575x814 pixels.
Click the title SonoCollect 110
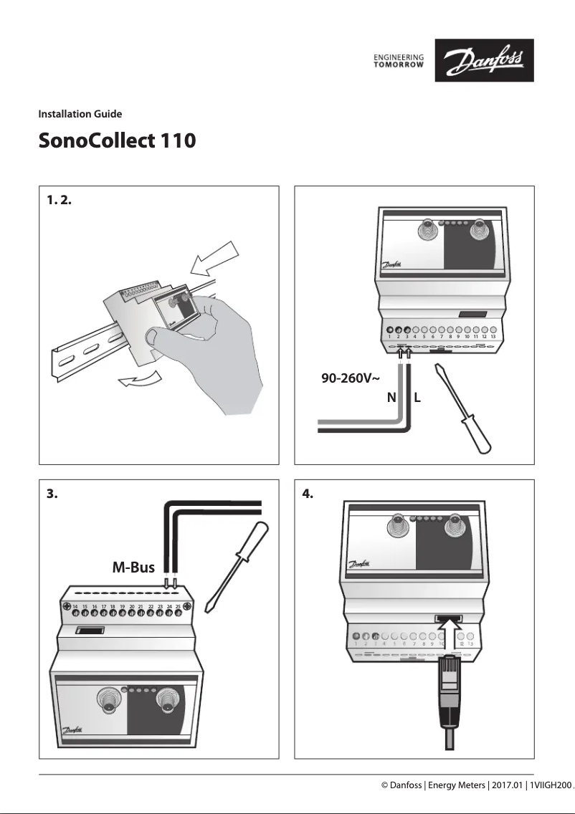[x=117, y=140]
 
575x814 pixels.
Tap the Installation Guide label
[x=80, y=114]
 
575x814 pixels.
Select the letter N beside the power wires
[x=391, y=398]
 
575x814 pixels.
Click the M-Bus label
[x=133, y=568]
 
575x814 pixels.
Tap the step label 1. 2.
[x=58, y=200]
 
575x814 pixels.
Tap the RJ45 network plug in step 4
[x=450, y=691]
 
